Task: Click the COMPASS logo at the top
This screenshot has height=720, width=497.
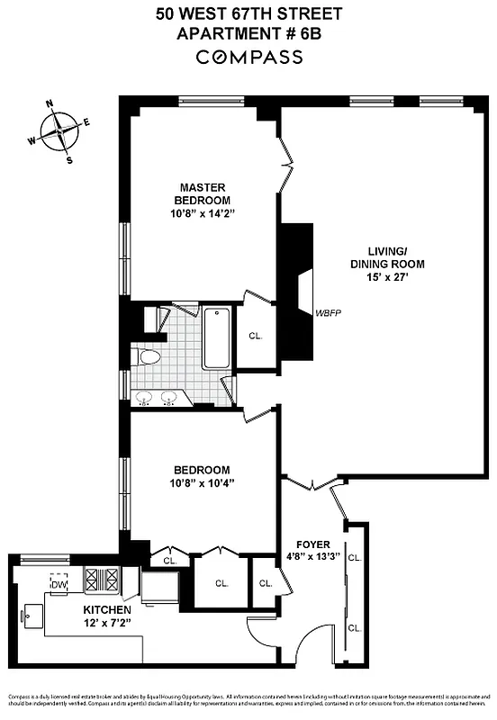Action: (248, 57)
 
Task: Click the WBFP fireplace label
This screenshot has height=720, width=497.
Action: (329, 313)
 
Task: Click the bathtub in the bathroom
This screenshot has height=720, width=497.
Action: (217, 338)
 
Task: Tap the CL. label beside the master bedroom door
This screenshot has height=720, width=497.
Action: (255, 336)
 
